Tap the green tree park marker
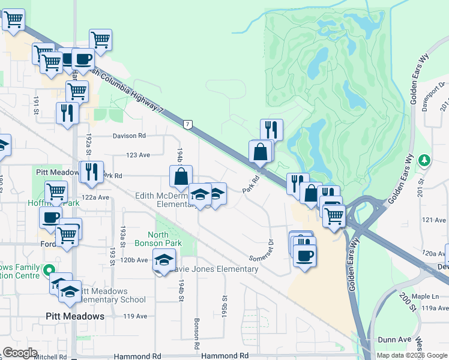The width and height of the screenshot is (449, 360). (x=425, y=160)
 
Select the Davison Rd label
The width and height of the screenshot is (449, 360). (x=129, y=136)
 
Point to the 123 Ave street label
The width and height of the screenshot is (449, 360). (x=138, y=155)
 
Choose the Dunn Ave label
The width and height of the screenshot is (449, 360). (x=394, y=340)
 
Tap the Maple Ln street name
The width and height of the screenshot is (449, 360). (x=426, y=296)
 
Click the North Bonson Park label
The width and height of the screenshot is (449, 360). (x=167, y=239)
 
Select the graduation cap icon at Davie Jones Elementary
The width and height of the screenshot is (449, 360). (x=163, y=260)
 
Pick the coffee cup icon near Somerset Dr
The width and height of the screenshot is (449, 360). (x=305, y=256)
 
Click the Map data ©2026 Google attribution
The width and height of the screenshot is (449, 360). (x=410, y=355)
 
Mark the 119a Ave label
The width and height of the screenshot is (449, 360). (x=435, y=308)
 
